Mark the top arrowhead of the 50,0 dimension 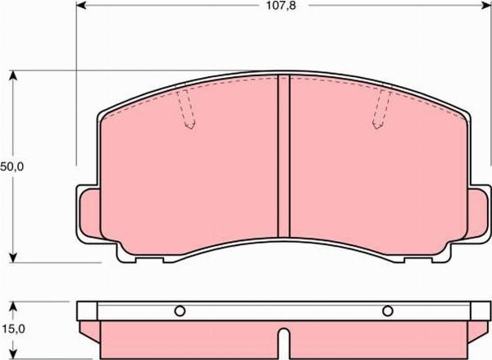tap(13, 76)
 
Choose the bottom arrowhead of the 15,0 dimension tap(13, 354)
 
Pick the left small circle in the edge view tap(180, 311)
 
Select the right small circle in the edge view tap(388, 311)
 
